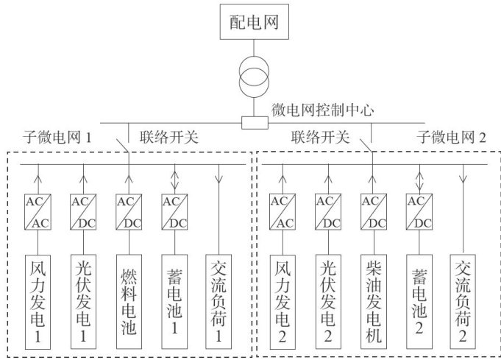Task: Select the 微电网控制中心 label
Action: (x=324, y=111)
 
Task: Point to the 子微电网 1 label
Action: (x=61, y=137)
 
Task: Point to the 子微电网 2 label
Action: (x=452, y=136)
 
